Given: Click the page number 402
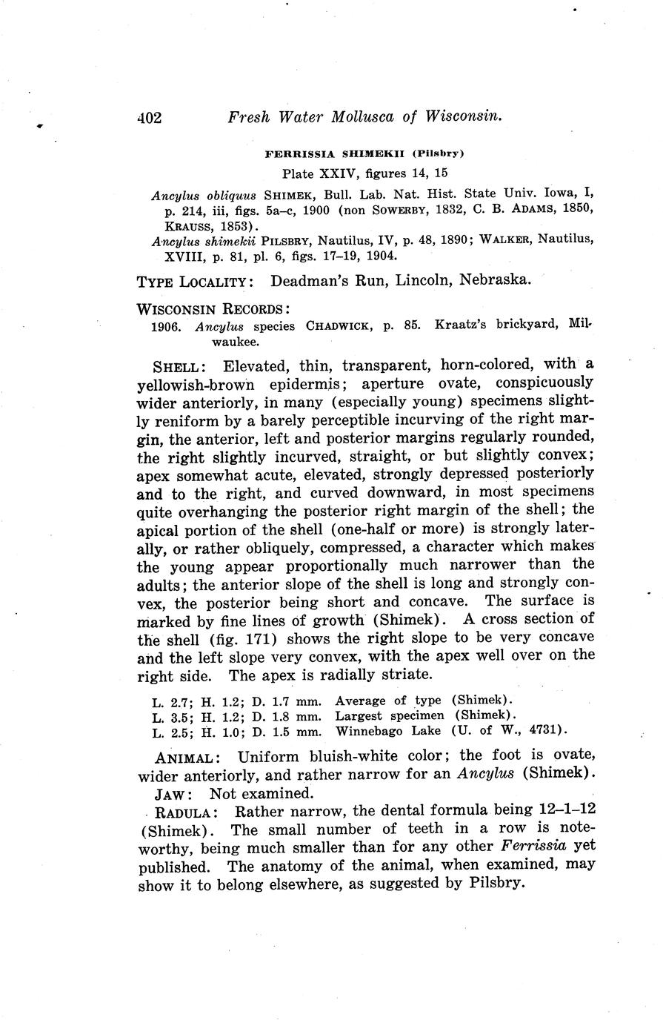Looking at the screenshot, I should (149, 117).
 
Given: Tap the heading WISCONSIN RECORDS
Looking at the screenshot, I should (213, 308).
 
